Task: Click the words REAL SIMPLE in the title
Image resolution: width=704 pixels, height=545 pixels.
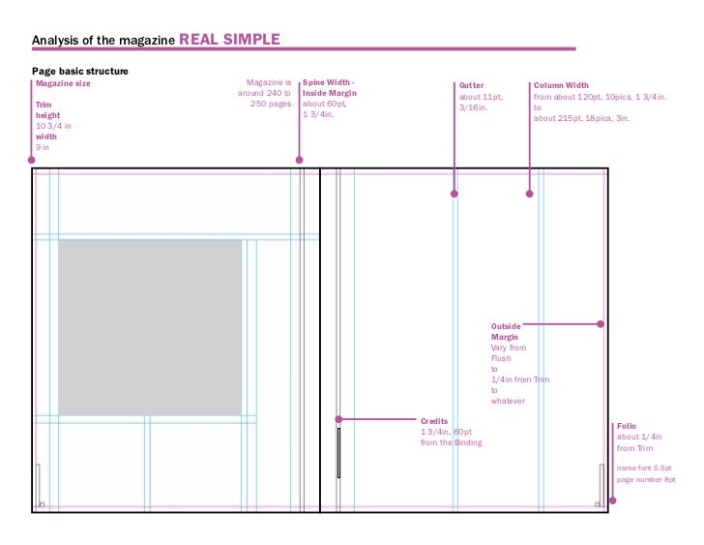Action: (229, 39)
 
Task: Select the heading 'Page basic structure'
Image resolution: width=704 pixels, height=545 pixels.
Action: (80, 72)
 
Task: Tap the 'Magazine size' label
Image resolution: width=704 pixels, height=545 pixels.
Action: (63, 83)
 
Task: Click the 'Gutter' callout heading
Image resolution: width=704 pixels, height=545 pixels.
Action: (471, 85)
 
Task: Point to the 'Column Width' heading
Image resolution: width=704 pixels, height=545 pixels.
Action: (561, 85)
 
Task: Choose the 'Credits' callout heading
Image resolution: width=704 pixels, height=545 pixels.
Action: (434, 421)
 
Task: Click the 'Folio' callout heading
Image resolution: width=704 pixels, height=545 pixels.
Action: (626, 426)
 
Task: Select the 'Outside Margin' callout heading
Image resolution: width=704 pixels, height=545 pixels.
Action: (506, 332)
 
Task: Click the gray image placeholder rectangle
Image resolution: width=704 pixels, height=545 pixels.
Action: (150, 327)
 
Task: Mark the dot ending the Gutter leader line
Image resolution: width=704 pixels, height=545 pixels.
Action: (455, 194)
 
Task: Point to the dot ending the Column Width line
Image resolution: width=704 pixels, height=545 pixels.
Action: (529, 194)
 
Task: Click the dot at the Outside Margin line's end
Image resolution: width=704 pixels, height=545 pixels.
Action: (601, 324)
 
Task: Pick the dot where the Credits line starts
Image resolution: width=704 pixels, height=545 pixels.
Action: (338, 419)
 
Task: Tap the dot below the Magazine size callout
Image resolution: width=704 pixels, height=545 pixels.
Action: (32, 160)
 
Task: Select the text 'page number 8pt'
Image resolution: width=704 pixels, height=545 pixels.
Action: (646, 480)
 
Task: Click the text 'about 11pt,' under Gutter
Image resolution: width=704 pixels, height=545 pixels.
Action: (481, 96)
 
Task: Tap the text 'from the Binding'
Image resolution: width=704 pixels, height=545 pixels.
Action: (451, 442)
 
